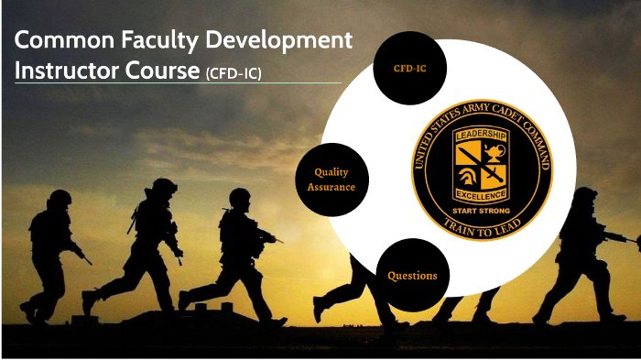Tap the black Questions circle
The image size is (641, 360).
coord(411,275)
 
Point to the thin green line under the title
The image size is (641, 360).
coord(174,84)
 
